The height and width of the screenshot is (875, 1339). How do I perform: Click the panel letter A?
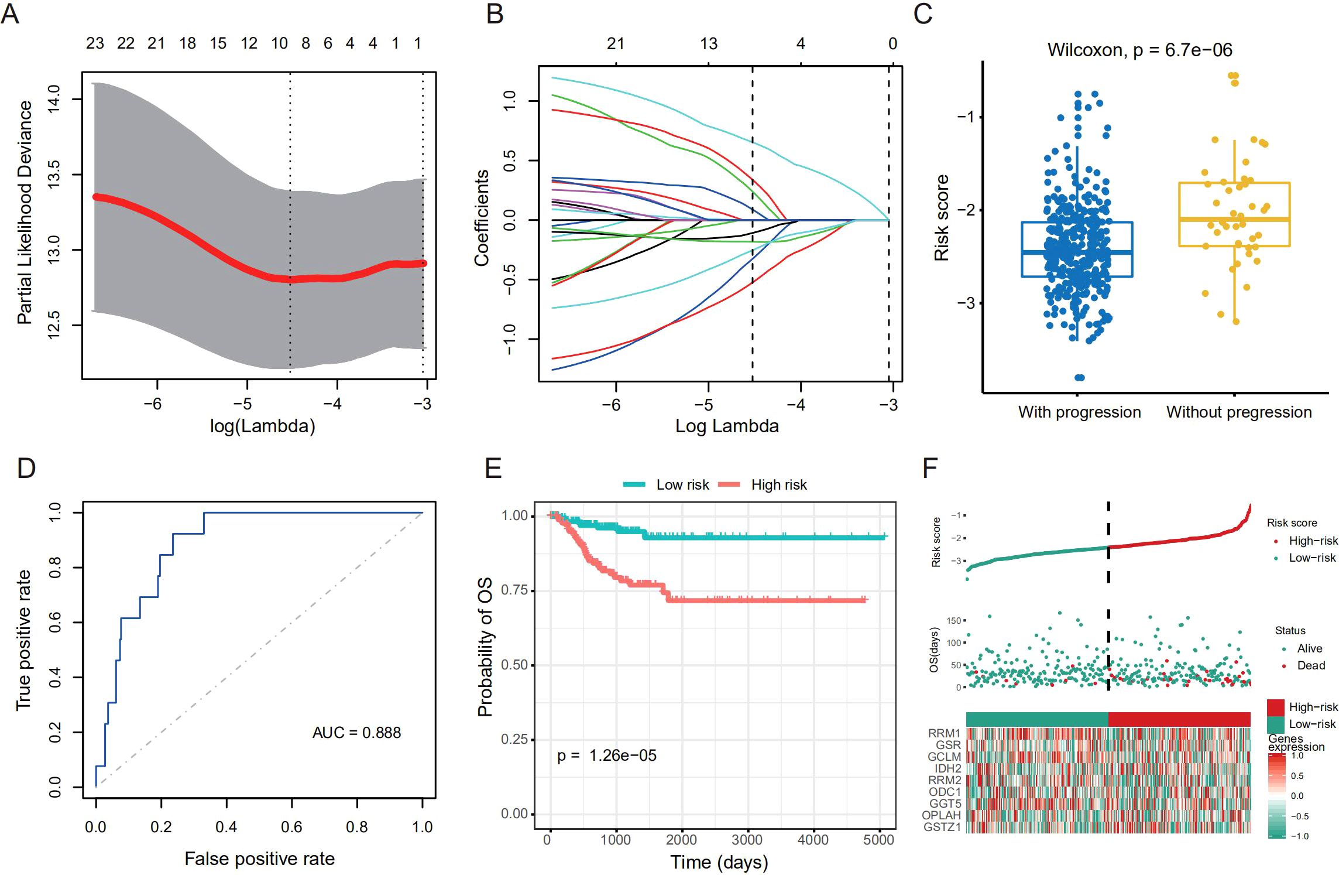11,14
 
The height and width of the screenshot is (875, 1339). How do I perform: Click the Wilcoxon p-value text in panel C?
1139,50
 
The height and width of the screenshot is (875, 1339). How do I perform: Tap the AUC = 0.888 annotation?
356,733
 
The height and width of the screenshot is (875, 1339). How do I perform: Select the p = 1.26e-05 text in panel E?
606,756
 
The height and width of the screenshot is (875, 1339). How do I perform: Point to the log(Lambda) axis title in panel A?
262,426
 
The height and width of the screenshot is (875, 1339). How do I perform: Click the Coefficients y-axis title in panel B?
482,218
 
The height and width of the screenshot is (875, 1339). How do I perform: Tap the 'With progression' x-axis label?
1079,412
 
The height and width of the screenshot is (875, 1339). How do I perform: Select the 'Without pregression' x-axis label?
1238,412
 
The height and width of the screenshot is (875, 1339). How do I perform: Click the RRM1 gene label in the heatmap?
944,733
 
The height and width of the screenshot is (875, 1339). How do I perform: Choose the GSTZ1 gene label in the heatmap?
942,827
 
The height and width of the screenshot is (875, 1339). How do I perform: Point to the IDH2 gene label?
947,768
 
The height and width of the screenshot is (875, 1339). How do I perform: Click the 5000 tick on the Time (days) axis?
878,840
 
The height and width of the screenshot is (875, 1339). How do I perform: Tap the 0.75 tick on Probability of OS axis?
514,590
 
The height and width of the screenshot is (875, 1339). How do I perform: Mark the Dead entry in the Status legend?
1310,665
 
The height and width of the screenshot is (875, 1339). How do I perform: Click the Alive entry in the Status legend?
1309,648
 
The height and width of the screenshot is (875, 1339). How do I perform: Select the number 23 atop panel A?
95,43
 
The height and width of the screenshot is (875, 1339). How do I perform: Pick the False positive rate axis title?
259,859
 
